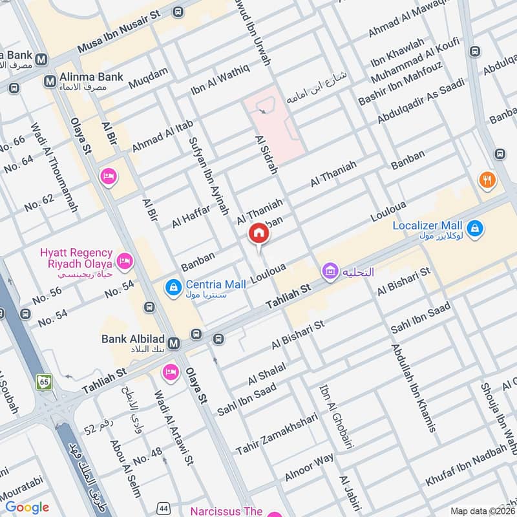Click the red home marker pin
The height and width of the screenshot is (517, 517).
click(258, 233)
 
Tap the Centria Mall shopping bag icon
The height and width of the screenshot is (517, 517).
click(173, 285)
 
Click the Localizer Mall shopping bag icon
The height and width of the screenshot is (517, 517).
click(475, 229)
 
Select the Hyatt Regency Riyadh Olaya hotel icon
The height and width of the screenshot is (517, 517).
click(125, 262)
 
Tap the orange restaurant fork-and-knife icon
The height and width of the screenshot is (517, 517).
click(487, 180)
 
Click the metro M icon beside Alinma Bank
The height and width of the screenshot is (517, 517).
click(49, 81)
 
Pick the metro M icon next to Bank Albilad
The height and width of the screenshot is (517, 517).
click(173, 343)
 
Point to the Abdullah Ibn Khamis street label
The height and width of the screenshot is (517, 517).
click(413, 387)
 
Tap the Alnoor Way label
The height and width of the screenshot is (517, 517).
click(310, 468)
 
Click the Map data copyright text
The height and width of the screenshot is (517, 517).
click(483, 511)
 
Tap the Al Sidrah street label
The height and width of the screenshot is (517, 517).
click(266, 156)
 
